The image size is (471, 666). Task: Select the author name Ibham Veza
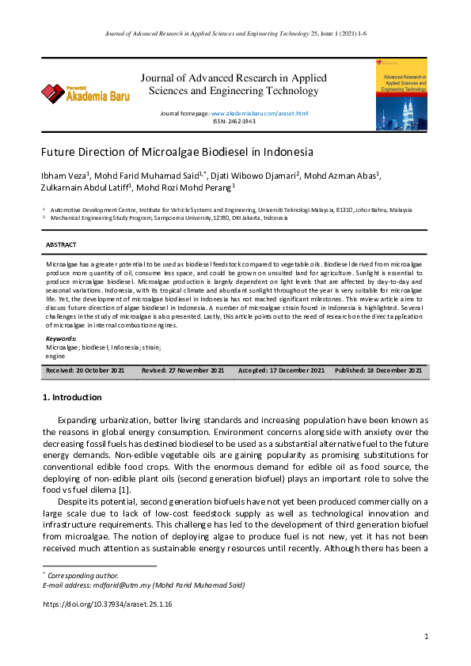[x=65, y=175]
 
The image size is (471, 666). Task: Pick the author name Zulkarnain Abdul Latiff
[x=85, y=187]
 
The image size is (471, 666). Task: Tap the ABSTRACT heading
[x=61, y=245]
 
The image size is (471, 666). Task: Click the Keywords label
[x=61, y=339]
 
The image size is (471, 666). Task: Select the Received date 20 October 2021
[x=85, y=370]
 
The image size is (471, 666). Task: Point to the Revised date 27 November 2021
[x=183, y=370]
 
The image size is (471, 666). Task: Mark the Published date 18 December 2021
[x=378, y=370]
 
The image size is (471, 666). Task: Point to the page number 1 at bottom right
[x=426, y=636]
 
